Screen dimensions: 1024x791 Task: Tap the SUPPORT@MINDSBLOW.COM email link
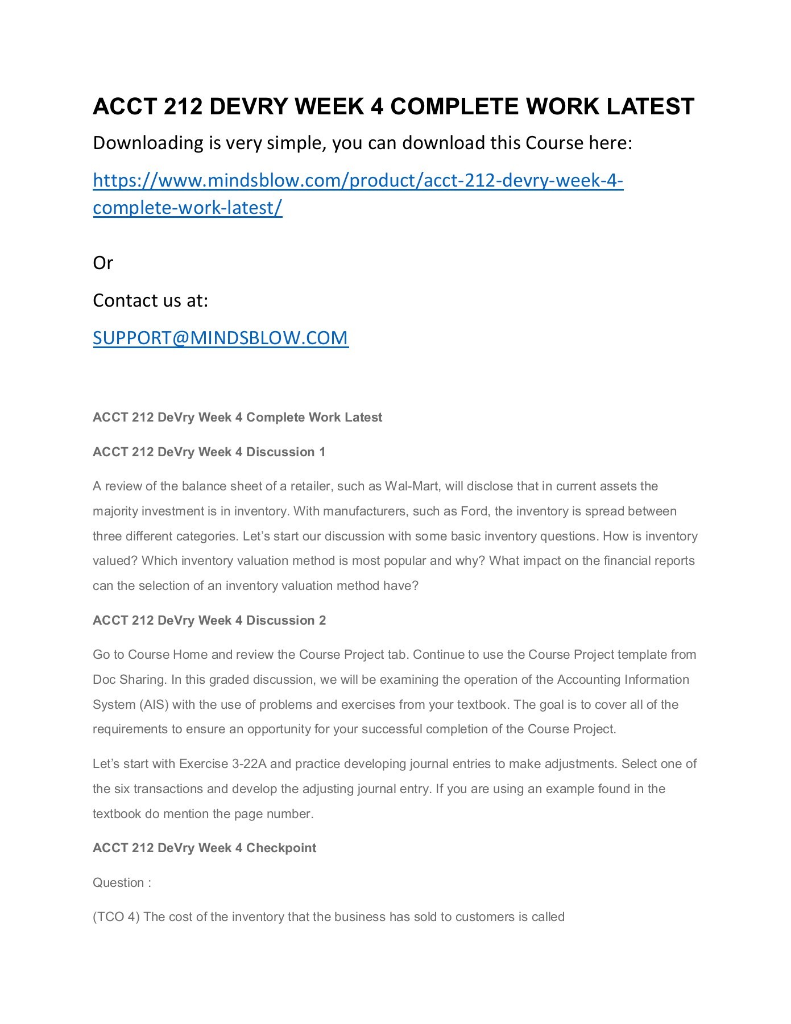click(221, 338)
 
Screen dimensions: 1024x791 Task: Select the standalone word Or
click(103, 263)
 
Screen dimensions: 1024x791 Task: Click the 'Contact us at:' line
click(150, 300)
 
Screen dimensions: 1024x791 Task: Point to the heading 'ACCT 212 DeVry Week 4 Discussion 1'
click(209, 452)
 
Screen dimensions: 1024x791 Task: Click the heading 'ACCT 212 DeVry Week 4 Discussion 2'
click(209, 620)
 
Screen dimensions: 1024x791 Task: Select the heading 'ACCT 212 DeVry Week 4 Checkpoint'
click(204, 848)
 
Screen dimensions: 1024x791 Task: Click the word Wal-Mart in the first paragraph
click(412, 486)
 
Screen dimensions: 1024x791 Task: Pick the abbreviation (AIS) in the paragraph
click(154, 704)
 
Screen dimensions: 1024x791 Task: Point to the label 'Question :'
click(122, 882)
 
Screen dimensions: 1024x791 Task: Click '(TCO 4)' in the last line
click(116, 916)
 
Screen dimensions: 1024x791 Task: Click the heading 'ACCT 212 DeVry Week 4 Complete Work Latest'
click(237, 417)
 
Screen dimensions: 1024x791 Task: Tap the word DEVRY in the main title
click(248, 106)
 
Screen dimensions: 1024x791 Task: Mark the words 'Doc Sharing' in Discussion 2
click(129, 679)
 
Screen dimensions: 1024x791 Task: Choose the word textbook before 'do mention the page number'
click(117, 814)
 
